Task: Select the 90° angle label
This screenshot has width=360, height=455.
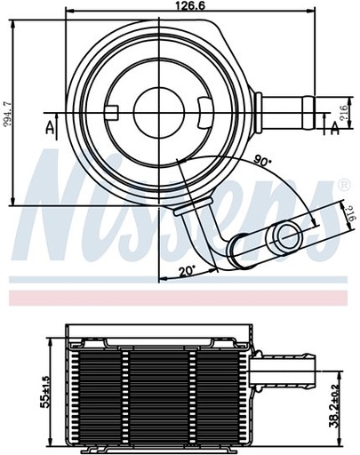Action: [x=263, y=161]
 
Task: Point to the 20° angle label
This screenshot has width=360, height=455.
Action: [x=186, y=273]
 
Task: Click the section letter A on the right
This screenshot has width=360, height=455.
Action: [x=335, y=130]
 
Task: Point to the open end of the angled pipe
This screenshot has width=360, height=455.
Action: [x=287, y=235]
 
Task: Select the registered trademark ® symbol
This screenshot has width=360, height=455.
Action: [x=344, y=185]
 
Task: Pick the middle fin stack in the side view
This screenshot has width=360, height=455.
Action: [x=160, y=391]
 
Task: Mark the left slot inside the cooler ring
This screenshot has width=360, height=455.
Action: [x=113, y=113]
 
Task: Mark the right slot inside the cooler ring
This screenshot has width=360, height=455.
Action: [x=206, y=113]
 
